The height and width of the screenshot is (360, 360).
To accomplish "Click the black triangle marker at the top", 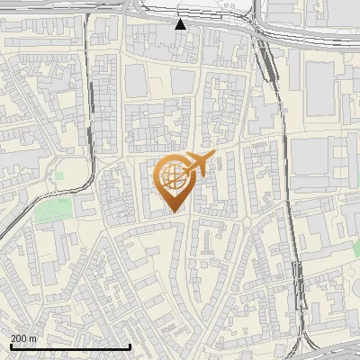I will point(181,24).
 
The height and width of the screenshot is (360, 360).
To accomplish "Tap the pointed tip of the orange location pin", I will point(173,211).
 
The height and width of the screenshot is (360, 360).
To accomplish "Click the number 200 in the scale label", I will point(19,338).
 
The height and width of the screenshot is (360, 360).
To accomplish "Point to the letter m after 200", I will point(33,338).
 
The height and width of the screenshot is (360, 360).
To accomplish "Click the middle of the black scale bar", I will point(70,346).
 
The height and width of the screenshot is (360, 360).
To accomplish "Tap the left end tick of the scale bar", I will point(10,346).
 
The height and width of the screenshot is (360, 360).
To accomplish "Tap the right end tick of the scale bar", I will point(130,346).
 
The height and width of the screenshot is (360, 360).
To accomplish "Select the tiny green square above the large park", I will point(59,176).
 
